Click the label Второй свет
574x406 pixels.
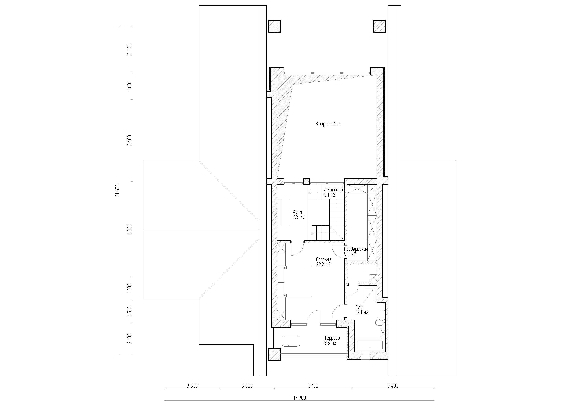pos(328,124)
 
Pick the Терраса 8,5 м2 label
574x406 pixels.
pos(332,340)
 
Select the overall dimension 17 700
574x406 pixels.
pos(299,398)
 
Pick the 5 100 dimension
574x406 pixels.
pos(313,386)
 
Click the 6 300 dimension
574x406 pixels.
pos(129,229)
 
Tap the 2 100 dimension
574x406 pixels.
pos(129,339)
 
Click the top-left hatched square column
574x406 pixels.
pos(275,26)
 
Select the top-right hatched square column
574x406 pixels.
pos(379,26)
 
